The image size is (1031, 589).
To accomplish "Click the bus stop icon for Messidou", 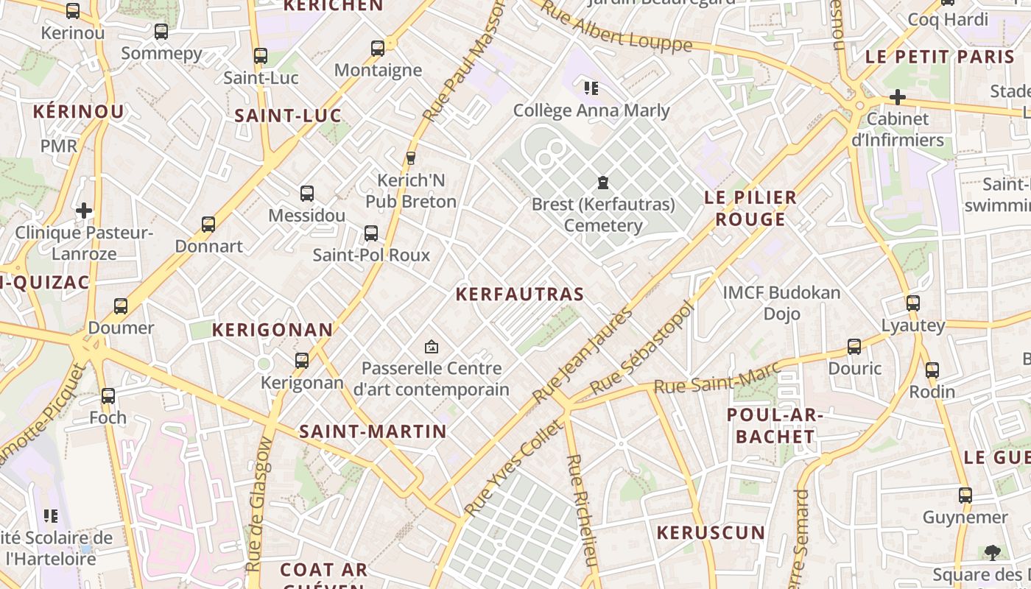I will [x=307, y=194].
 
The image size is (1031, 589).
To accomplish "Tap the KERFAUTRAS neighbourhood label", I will [x=519, y=294].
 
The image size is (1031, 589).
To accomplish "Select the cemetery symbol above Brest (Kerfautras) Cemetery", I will [x=603, y=182].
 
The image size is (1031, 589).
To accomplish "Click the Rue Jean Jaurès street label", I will [x=583, y=355].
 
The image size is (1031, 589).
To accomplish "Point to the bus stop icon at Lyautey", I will [x=913, y=303].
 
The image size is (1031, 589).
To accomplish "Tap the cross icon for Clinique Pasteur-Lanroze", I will [x=84, y=211].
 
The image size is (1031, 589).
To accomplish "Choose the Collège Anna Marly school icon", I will [x=591, y=88].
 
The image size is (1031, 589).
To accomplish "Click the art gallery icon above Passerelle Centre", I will [x=432, y=346].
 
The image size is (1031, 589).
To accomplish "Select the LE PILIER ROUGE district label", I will [x=750, y=208].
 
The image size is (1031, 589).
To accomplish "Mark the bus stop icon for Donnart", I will [x=208, y=224].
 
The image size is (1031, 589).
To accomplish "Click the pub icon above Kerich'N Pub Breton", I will [x=411, y=158].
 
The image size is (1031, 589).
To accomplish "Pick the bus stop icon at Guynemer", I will [x=965, y=495].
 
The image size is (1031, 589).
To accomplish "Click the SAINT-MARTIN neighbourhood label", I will [x=373, y=431].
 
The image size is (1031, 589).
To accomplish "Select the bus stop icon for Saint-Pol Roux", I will [x=371, y=233].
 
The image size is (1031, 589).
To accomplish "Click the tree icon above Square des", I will [x=992, y=552].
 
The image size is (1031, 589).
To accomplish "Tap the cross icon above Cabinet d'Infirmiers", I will [x=897, y=96].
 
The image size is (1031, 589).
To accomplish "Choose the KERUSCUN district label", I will [x=711, y=532].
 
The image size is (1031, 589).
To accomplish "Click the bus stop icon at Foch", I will [x=108, y=395].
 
